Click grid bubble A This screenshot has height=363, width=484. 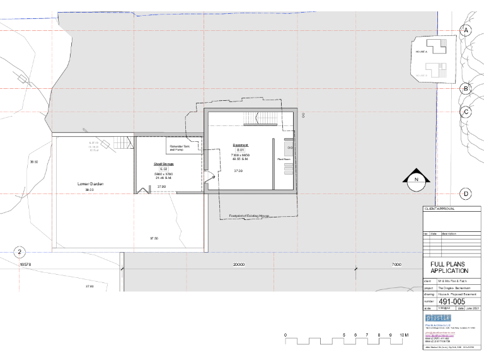point(466,30)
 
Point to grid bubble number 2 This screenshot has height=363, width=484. point(20,252)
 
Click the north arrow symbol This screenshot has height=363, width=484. point(416,180)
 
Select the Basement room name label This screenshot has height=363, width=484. point(239,144)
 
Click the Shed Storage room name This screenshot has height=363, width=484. point(163,164)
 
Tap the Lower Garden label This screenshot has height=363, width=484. point(89,184)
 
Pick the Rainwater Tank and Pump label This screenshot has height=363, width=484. point(183,148)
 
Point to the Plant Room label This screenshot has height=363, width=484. point(284,159)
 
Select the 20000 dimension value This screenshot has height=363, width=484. point(239,265)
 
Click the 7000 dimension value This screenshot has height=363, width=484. point(396,265)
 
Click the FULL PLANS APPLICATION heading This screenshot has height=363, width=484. point(449,267)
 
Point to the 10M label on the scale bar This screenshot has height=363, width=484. point(404,335)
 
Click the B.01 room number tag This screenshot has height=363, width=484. point(239,150)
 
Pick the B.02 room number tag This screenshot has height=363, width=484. point(163,170)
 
